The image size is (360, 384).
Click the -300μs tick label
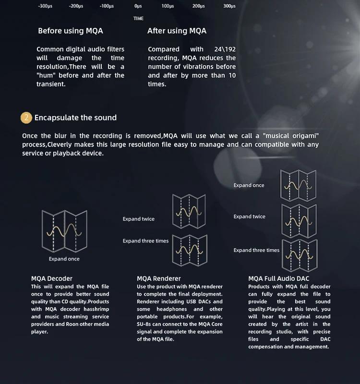click(46, 6)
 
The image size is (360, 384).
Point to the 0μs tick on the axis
click(138, 6)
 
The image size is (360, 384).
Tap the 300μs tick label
click(229, 6)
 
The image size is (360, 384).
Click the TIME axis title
click(138, 18)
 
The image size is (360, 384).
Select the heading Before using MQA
click(71, 31)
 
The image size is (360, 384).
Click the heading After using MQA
click(177, 31)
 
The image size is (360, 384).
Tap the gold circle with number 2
click(26, 118)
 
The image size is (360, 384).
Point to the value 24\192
click(225, 49)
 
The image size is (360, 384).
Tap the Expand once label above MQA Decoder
click(64, 259)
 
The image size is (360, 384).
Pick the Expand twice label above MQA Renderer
click(139, 219)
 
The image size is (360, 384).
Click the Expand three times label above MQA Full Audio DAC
click(256, 250)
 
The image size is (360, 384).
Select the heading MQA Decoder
click(52, 278)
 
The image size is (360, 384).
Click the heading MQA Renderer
click(159, 278)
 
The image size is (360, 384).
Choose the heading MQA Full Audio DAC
click(279, 278)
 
